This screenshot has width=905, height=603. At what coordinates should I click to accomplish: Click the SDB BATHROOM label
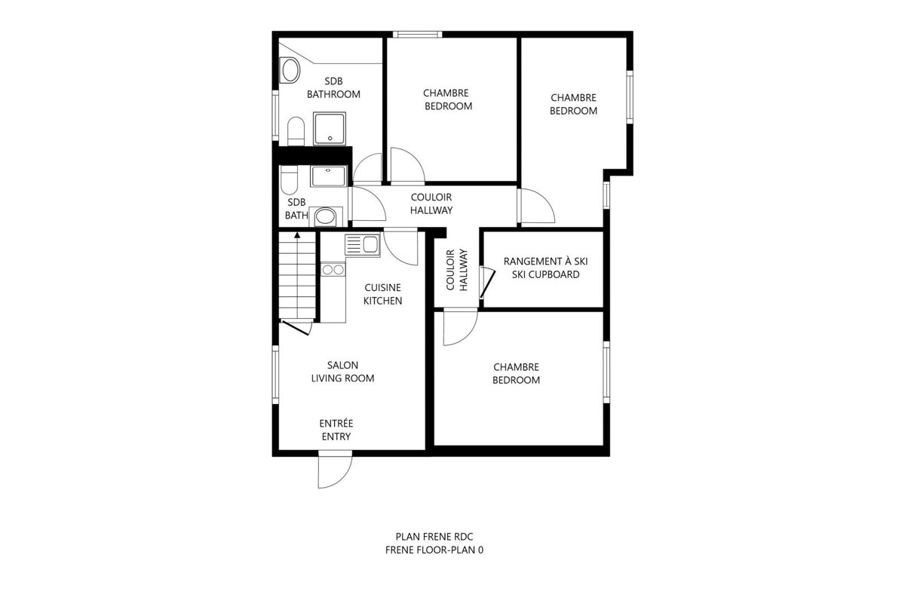[x=333, y=87]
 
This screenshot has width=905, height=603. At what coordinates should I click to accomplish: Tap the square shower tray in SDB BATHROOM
[x=330, y=129]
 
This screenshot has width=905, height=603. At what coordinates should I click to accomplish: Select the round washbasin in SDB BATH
[x=325, y=217]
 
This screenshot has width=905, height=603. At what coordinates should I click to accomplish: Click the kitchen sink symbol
[x=362, y=245]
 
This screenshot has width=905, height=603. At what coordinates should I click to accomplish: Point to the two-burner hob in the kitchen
[x=333, y=269]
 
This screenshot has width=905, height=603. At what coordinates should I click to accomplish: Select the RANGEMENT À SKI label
[x=545, y=262]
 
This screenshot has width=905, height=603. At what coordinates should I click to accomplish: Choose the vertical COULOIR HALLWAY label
[x=457, y=270]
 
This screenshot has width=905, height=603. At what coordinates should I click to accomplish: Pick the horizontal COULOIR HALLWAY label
[x=431, y=204]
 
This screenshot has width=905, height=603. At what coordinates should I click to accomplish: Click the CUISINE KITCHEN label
[x=382, y=294]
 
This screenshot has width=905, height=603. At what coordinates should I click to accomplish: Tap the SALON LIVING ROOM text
[x=342, y=371]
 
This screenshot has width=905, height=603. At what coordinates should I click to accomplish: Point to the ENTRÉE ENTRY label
[x=336, y=430]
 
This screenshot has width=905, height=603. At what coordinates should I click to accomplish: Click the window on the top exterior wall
[x=417, y=34]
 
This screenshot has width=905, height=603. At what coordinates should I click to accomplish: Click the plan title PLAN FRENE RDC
[x=433, y=537]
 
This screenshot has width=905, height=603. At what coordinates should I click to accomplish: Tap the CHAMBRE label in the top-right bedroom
[x=573, y=97]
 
